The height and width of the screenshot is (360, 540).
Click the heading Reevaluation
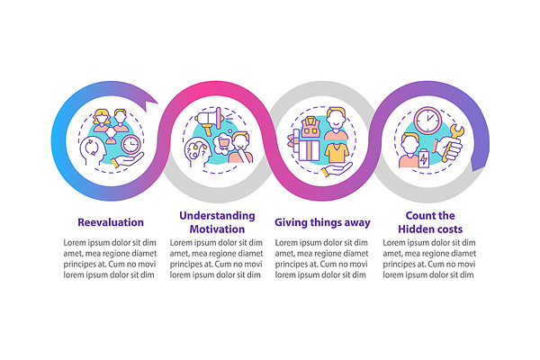[111, 222]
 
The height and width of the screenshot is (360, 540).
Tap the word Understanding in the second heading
[217, 216]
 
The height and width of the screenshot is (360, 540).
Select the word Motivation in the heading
[217, 229]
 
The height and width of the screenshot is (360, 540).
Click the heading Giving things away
[322, 222]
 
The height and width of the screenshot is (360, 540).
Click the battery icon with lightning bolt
[424, 158]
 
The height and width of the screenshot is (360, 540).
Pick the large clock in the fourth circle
[427, 121]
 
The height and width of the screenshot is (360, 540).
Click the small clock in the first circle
[130, 144]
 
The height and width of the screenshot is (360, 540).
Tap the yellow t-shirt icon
[337, 153]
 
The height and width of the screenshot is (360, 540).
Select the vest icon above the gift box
[310, 127]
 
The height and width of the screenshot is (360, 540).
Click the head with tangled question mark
[197, 152]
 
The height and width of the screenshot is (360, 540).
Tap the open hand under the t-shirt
[336, 169]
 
